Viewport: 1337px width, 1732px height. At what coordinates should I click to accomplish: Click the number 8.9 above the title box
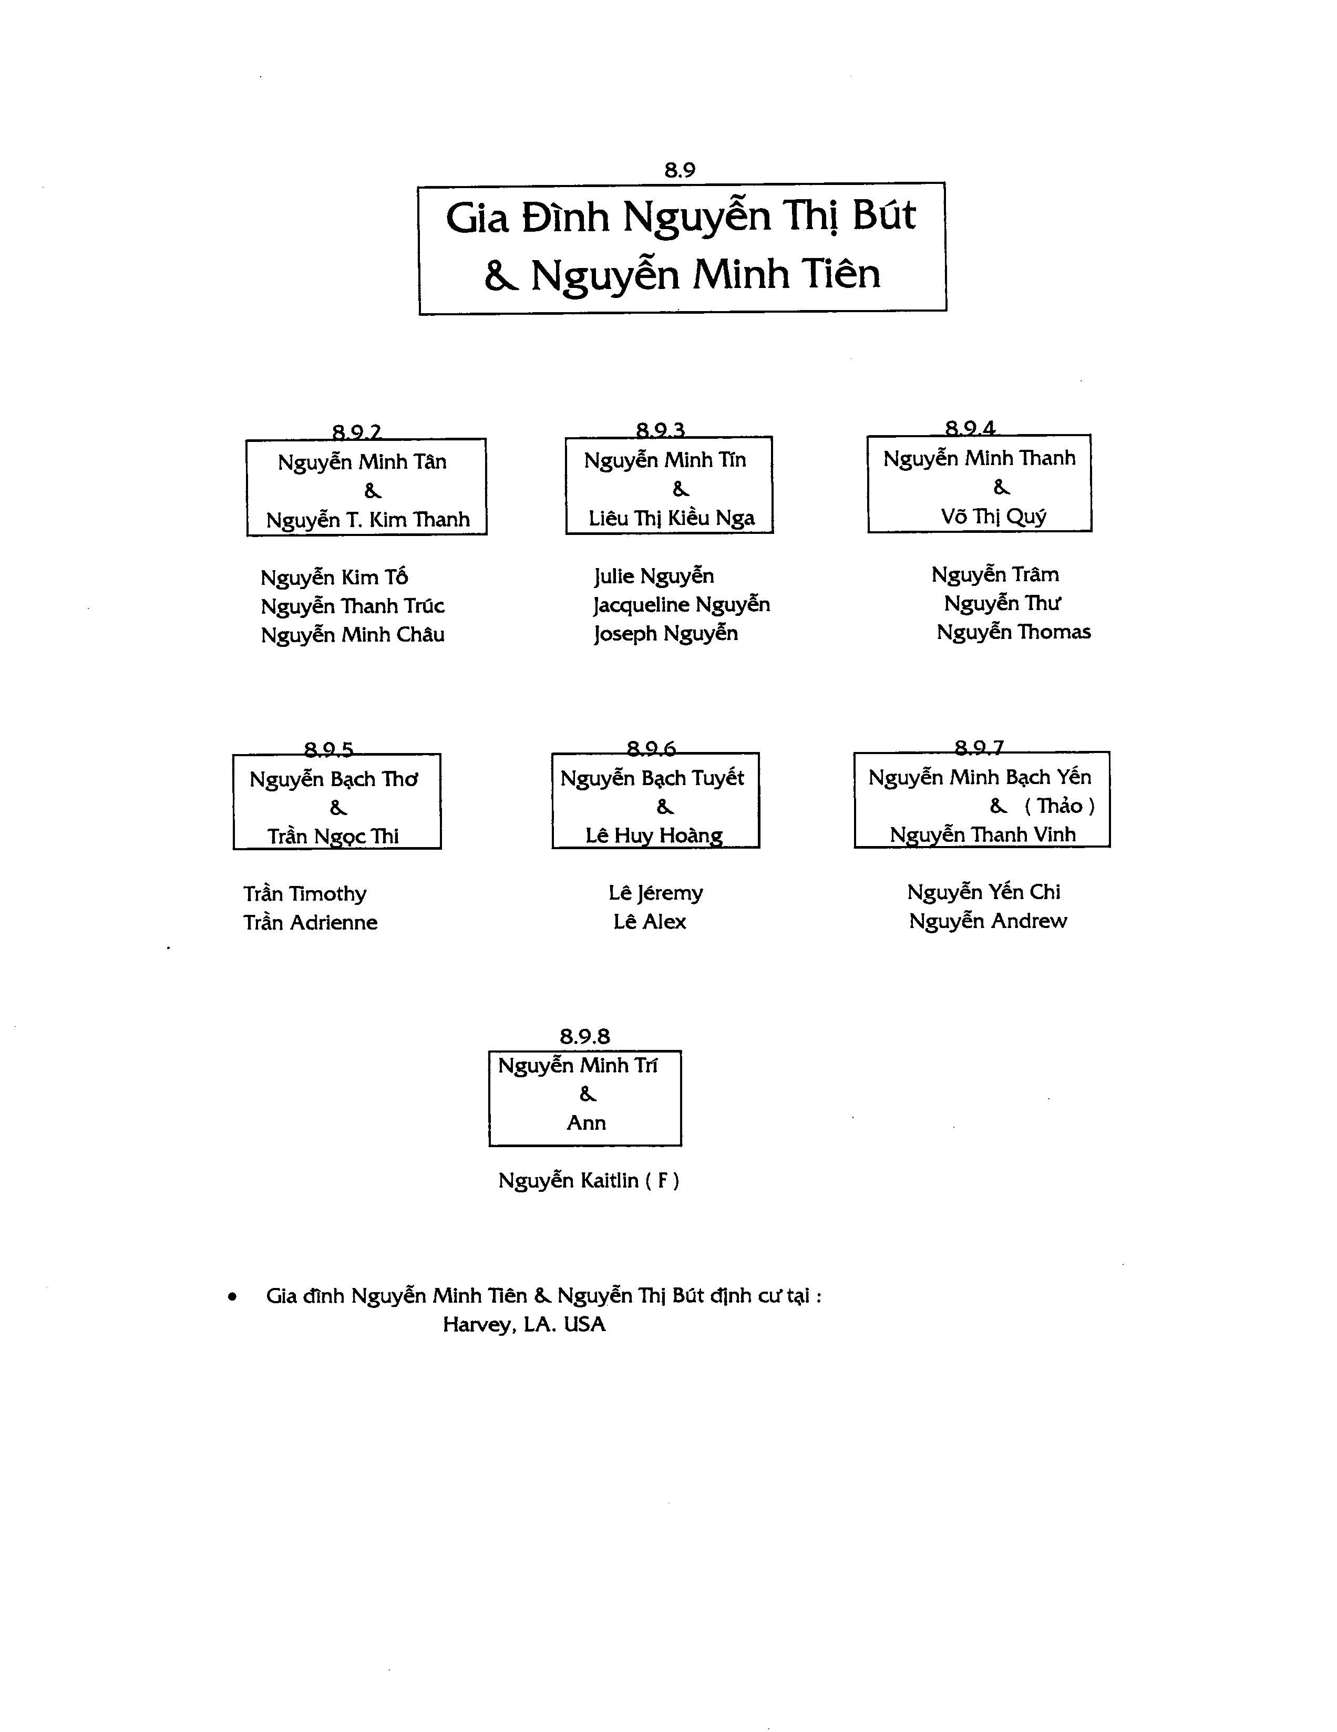click(x=680, y=170)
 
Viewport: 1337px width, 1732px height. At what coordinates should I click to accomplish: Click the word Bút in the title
click(x=883, y=215)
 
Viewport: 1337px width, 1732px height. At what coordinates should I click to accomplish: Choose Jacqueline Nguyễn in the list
click(x=681, y=605)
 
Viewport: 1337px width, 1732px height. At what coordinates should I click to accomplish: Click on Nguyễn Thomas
click(x=1013, y=632)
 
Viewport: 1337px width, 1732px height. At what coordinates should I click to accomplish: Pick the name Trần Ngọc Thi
click(x=333, y=837)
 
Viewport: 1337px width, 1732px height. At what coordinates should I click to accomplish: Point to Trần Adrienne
click(x=310, y=922)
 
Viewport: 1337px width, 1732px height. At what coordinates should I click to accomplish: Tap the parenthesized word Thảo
click(x=1060, y=806)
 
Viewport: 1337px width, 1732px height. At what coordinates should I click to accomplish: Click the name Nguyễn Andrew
click(x=988, y=921)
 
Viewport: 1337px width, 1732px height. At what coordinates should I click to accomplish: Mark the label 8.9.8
click(x=585, y=1036)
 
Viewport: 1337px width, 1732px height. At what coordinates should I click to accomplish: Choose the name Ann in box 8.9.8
click(x=586, y=1123)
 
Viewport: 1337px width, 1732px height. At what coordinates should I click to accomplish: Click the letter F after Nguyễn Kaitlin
click(x=662, y=1181)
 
